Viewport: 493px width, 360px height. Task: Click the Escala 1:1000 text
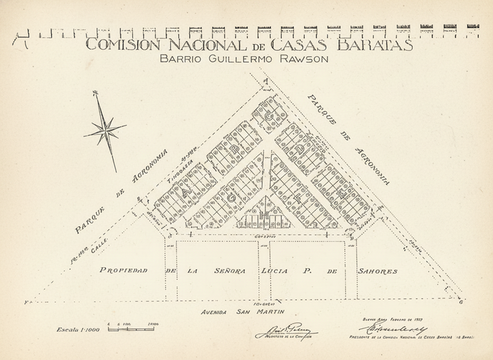(80, 329)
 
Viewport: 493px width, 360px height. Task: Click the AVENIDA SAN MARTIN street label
(240, 312)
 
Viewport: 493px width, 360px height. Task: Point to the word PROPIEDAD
(123, 271)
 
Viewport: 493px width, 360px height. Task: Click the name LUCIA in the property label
(276, 271)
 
